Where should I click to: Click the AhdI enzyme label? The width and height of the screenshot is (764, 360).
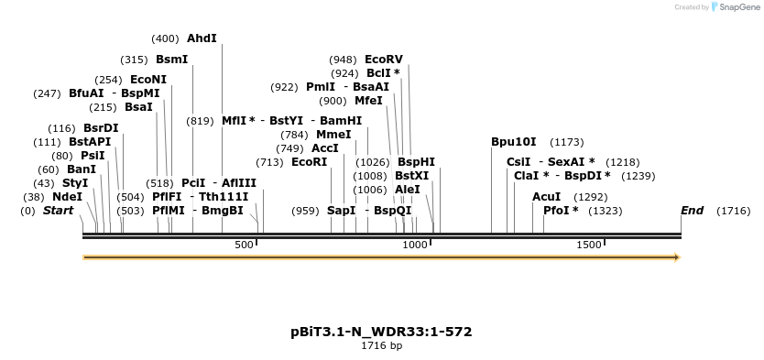tap(202, 38)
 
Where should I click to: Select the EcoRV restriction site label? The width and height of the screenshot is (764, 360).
tap(384, 60)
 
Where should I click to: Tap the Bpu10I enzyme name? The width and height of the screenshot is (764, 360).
tap(514, 142)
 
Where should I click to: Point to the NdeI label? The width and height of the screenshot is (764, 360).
tap(67, 196)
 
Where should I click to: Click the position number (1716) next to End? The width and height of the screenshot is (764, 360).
tap(734, 211)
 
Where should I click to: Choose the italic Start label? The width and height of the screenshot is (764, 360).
tap(58, 211)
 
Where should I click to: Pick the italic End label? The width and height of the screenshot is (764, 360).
tap(692, 211)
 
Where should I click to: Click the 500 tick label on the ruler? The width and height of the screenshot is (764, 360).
tap(244, 245)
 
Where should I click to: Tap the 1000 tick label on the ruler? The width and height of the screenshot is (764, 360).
tap(416, 245)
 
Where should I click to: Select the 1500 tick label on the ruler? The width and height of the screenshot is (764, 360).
tap(589, 245)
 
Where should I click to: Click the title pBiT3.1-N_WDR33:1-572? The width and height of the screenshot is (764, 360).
tap(381, 332)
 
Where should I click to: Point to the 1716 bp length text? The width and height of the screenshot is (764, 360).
tap(381, 346)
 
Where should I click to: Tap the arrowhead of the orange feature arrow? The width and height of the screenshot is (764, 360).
tap(677, 258)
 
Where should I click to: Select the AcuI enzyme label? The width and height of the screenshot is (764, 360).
tap(547, 197)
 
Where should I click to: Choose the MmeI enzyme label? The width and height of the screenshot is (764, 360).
tap(333, 134)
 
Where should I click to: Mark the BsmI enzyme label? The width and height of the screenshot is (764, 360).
tap(172, 60)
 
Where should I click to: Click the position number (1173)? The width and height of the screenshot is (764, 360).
tap(566, 142)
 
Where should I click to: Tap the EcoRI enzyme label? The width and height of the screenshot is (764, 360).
tap(309, 162)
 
